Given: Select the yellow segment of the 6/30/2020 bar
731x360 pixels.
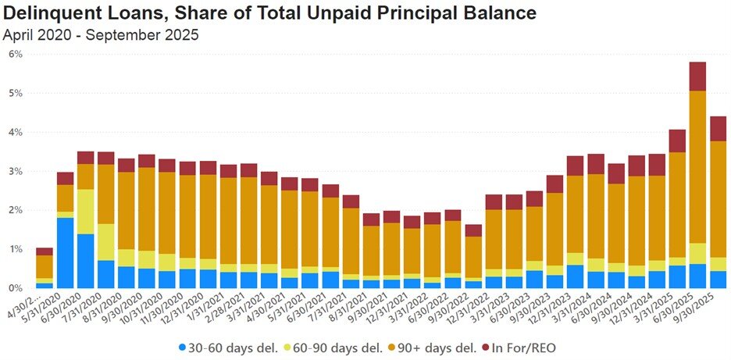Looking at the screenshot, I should (86, 211).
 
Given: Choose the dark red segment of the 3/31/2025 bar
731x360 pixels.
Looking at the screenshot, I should (677, 141).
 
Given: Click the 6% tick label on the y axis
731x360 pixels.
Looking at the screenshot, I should (16, 54).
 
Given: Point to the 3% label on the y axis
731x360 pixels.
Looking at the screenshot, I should (16, 171).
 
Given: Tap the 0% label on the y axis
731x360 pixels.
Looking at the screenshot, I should (16, 288).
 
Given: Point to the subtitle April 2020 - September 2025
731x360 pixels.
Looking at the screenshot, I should (100, 34).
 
